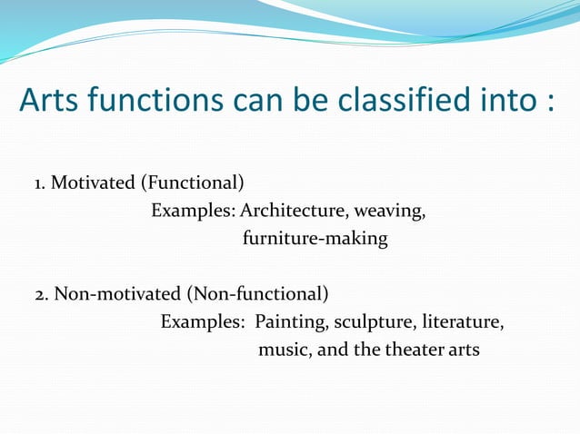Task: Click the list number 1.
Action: [x=39, y=184]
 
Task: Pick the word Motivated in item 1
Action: [x=92, y=184]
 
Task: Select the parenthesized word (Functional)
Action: [x=192, y=184]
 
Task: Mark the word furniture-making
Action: [x=315, y=240]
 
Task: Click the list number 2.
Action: [x=41, y=294]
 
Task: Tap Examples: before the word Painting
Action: [x=203, y=322]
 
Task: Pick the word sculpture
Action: [x=373, y=322]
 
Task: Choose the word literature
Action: [x=461, y=322]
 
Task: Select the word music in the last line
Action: [x=284, y=350]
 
